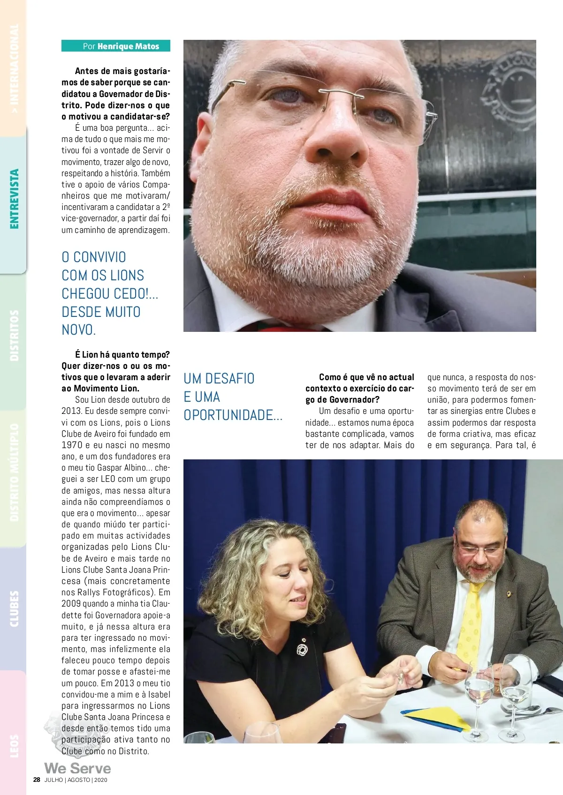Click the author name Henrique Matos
pyautogui.click(x=128, y=46)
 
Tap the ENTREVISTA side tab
pyautogui.click(x=15, y=199)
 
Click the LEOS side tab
pyautogui.click(x=15, y=745)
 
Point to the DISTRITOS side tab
pyautogui.click(x=15, y=335)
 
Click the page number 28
pyautogui.click(x=37, y=780)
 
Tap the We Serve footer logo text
pyautogui.click(x=77, y=768)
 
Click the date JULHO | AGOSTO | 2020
pyautogui.click(x=76, y=780)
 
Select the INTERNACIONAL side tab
pyautogui.click(x=15, y=70)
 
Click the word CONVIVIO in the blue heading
pyautogui.click(x=99, y=257)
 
